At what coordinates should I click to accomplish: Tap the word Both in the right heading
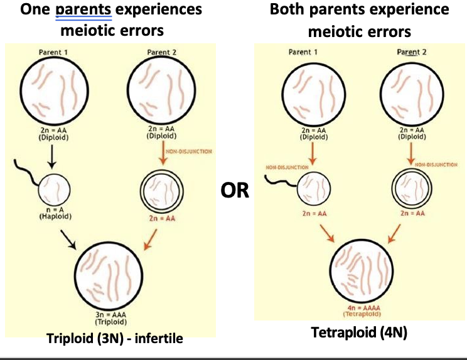[x=287, y=10]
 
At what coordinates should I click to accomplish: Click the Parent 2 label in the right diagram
[x=411, y=52]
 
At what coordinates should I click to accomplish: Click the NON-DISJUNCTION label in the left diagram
[x=189, y=151]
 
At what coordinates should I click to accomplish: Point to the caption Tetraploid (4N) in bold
[x=359, y=332]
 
